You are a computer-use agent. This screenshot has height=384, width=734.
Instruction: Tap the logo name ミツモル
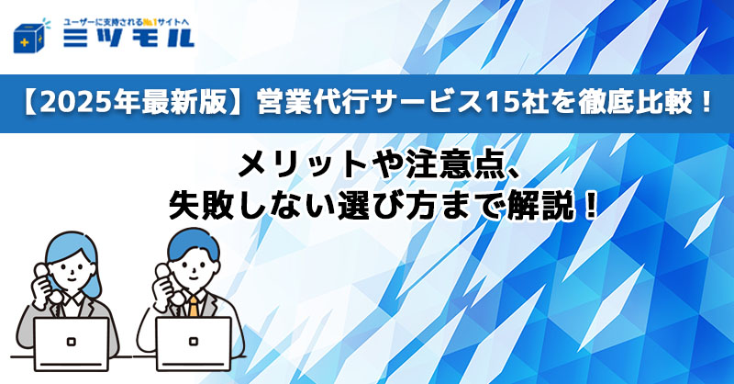[x=128, y=40]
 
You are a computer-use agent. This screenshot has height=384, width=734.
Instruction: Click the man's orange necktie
[x=194, y=304]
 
